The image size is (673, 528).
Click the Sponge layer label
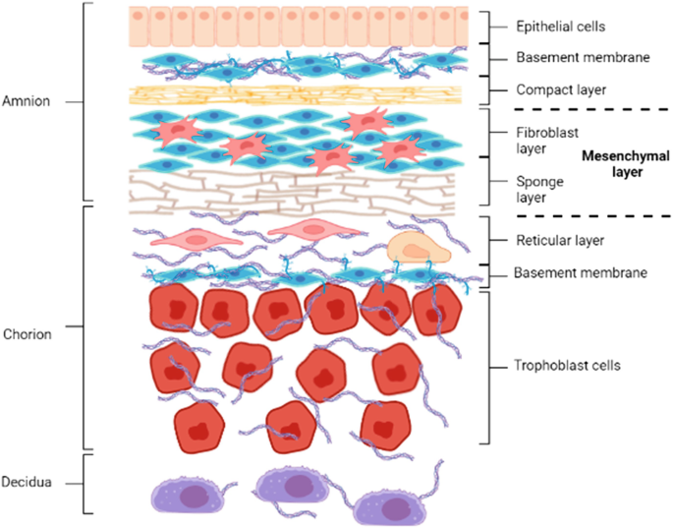pyautogui.click(x=533, y=189)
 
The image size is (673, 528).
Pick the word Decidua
pyautogui.click(x=28, y=482)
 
